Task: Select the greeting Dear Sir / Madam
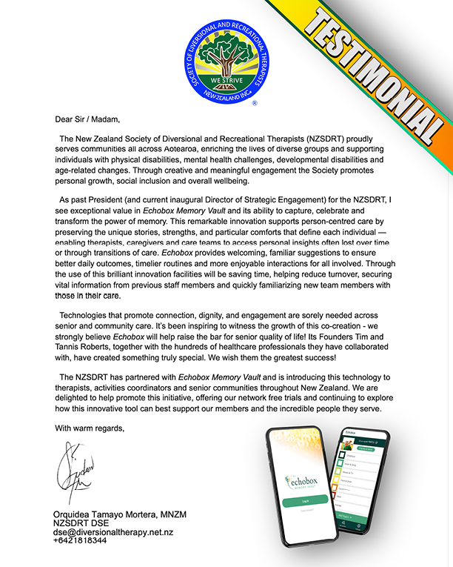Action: point(87,119)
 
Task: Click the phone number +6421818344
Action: point(80,540)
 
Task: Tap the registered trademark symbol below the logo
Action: point(255,105)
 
